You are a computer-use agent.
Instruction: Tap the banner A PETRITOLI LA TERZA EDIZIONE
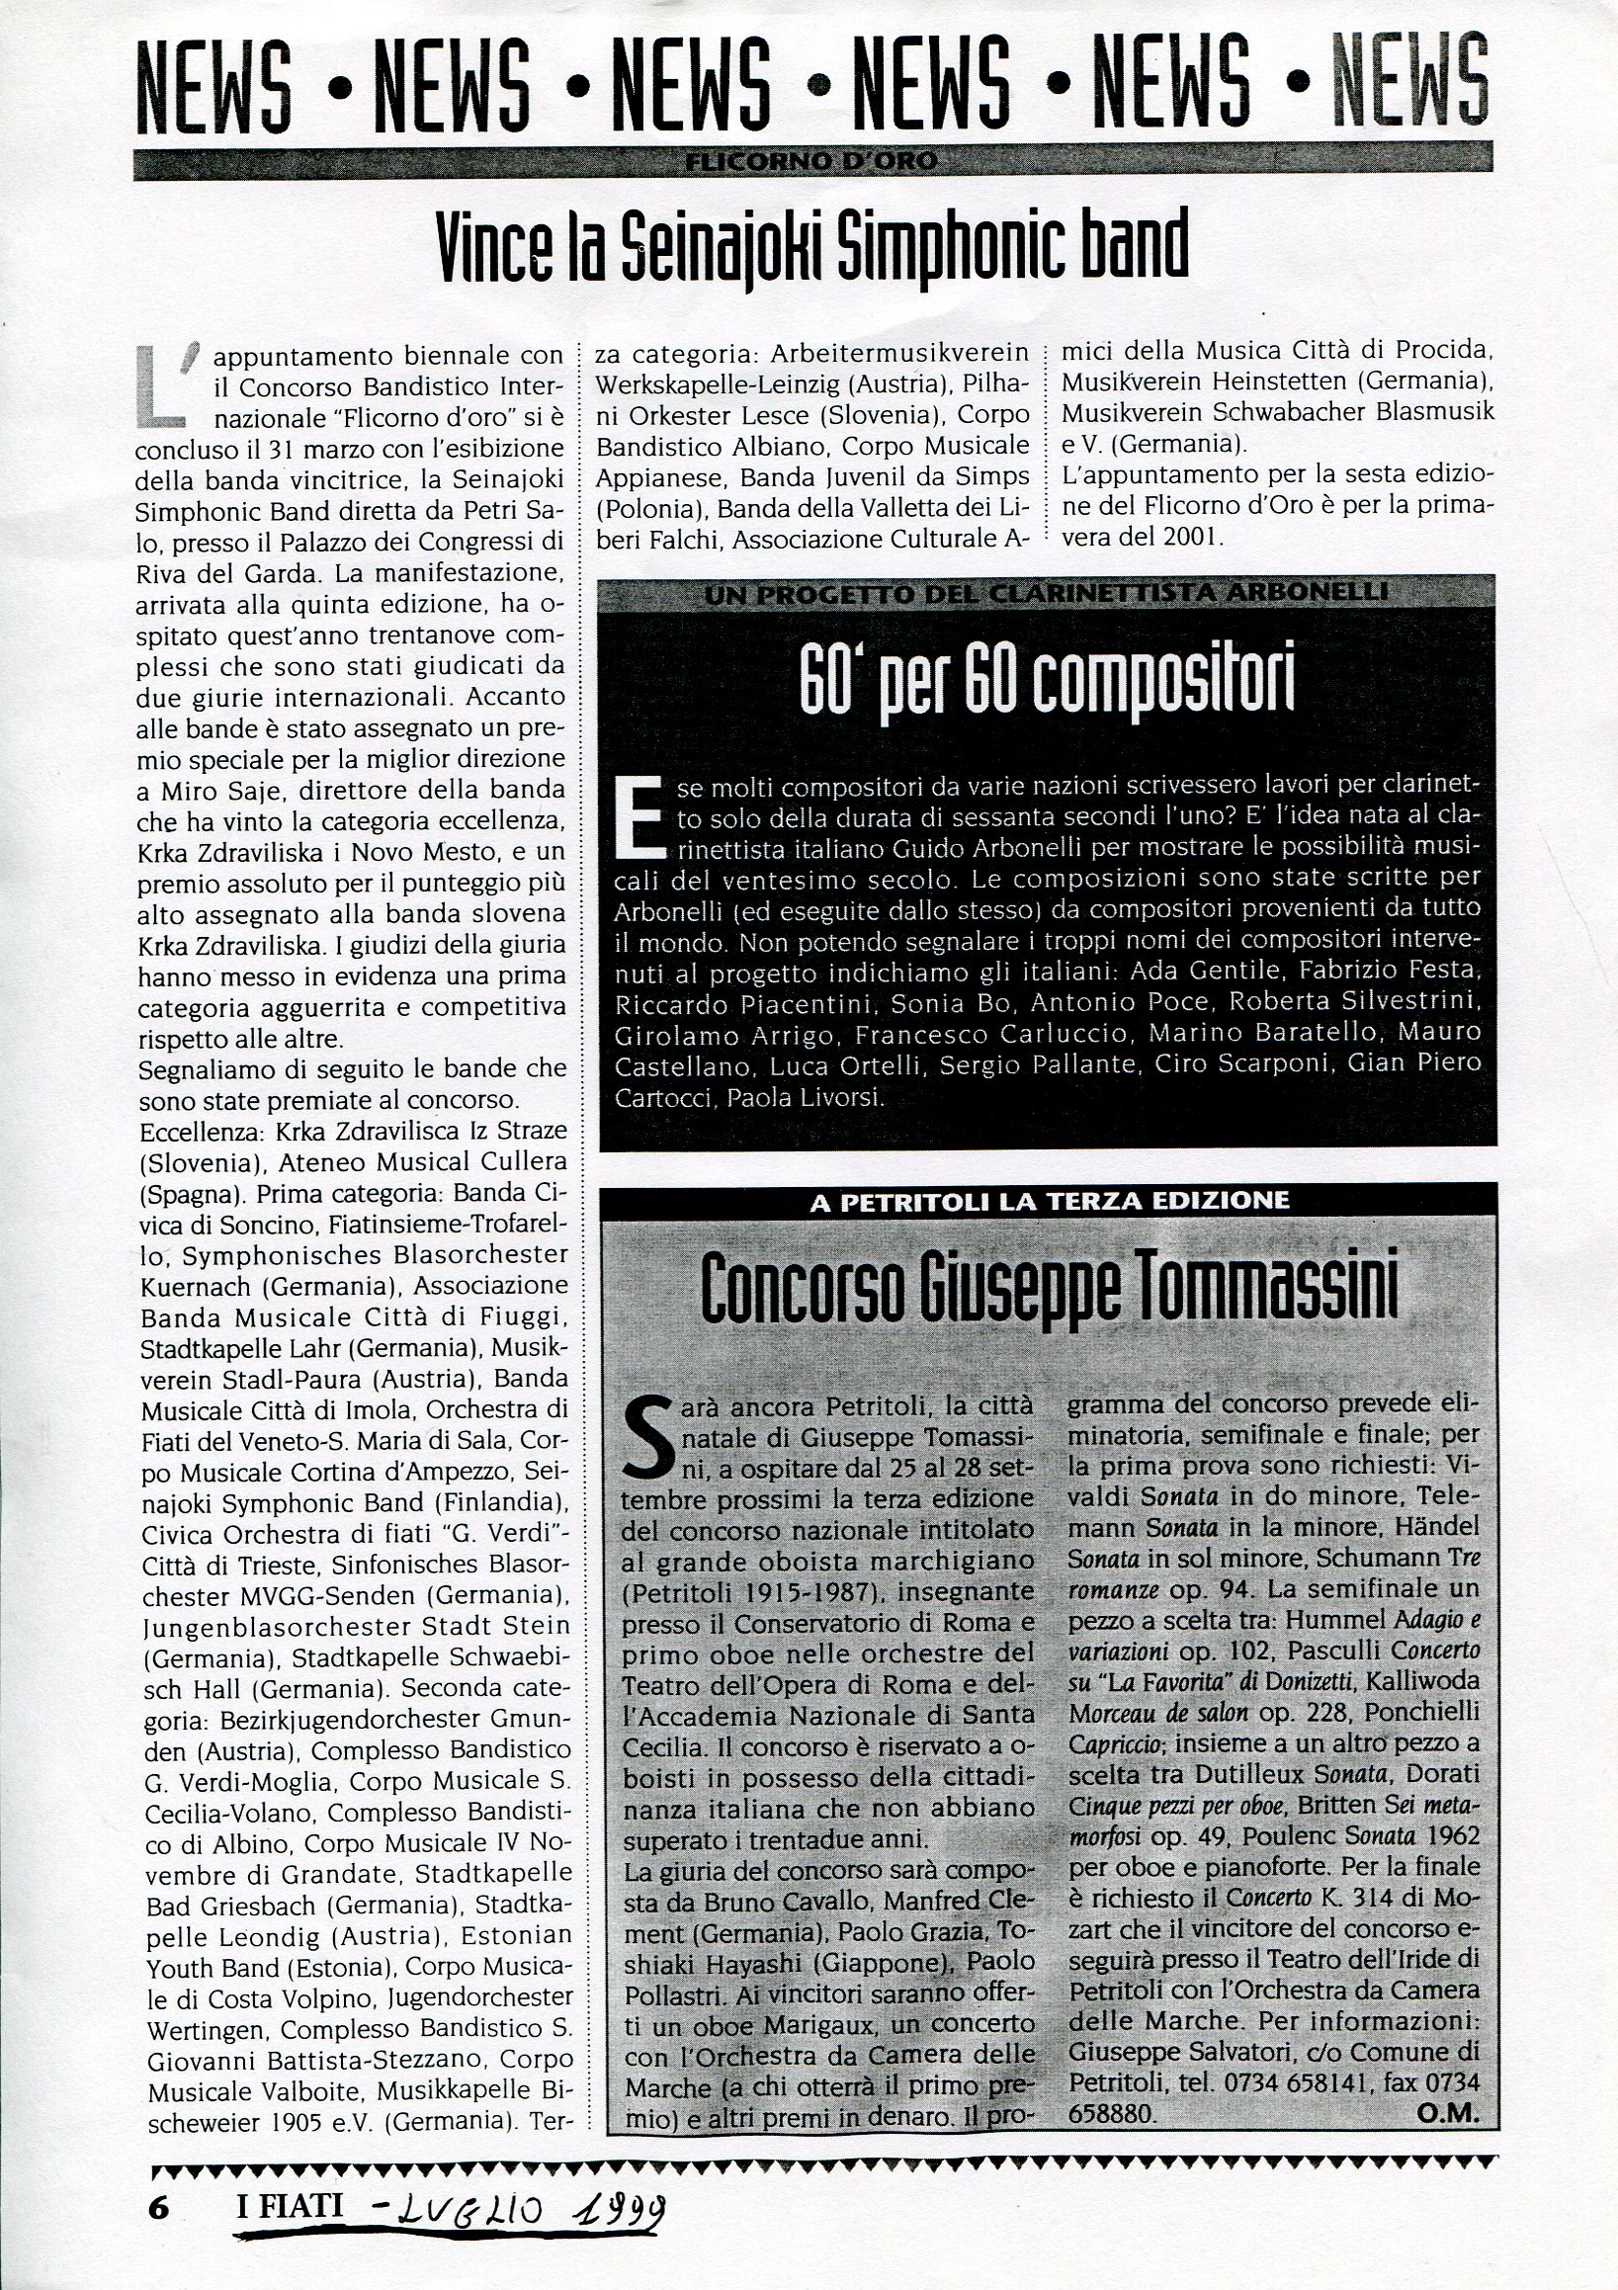[x=1049, y=1201]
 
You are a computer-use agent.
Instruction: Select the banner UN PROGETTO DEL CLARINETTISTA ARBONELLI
[x=1048, y=593]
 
